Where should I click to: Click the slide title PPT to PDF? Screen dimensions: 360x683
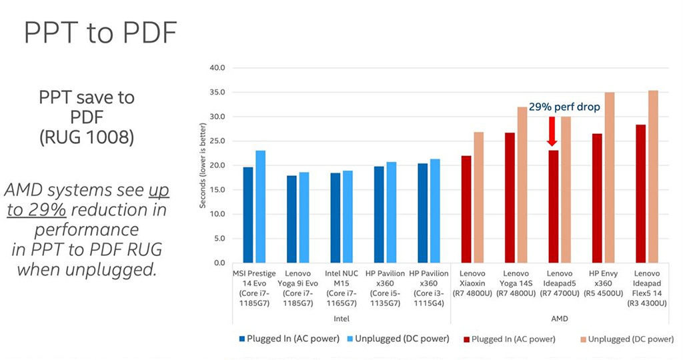[x=101, y=33]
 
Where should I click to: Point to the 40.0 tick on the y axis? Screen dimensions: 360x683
[x=217, y=68]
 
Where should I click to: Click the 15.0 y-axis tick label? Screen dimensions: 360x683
[x=217, y=190]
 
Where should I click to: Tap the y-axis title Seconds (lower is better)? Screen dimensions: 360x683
[x=203, y=165]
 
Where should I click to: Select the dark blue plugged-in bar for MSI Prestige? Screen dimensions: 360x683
[x=248, y=215]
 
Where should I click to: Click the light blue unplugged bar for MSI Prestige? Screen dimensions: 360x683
[x=260, y=207]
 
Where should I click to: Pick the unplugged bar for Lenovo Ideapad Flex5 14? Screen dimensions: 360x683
[x=652, y=177]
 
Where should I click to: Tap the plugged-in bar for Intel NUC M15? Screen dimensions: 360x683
[x=335, y=218]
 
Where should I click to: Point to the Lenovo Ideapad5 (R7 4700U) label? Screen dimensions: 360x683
[x=559, y=289]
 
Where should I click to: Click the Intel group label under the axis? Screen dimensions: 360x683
[x=341, y=319]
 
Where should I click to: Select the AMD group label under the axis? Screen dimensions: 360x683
[x=559, y=319]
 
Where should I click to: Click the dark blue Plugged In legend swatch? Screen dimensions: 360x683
[x=242, y=339]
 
